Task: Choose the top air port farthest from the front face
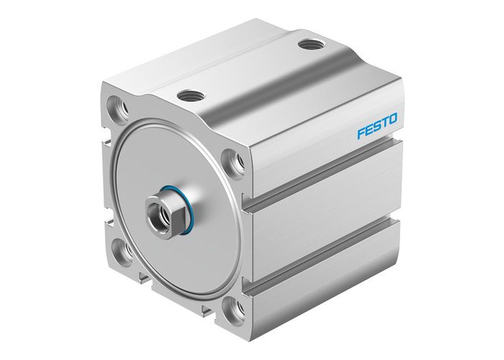[x=310, y=44]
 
